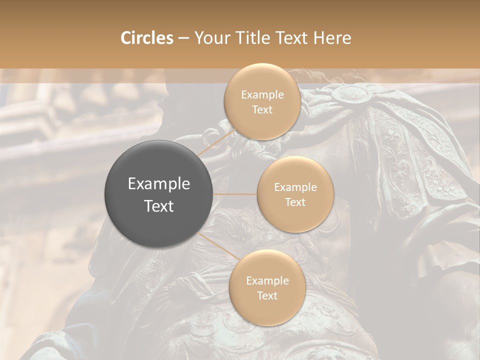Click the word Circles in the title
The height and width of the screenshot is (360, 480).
point(147,38)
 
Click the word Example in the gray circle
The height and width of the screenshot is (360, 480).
point(159,184)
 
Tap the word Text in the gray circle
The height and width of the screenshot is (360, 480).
point(159,205)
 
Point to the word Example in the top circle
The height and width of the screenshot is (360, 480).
point(262,95)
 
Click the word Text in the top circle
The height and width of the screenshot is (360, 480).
point(262,109)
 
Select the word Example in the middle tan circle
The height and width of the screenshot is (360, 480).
point(295,187)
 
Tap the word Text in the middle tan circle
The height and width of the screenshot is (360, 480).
point(295,202)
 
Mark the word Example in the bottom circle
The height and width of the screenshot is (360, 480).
point(267,281)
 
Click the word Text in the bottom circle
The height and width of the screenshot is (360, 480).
point(267,295)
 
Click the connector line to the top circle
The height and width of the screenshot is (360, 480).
point(216,141)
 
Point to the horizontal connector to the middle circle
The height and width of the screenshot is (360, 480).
point(235,194)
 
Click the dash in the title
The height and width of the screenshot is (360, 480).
point(183,38)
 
